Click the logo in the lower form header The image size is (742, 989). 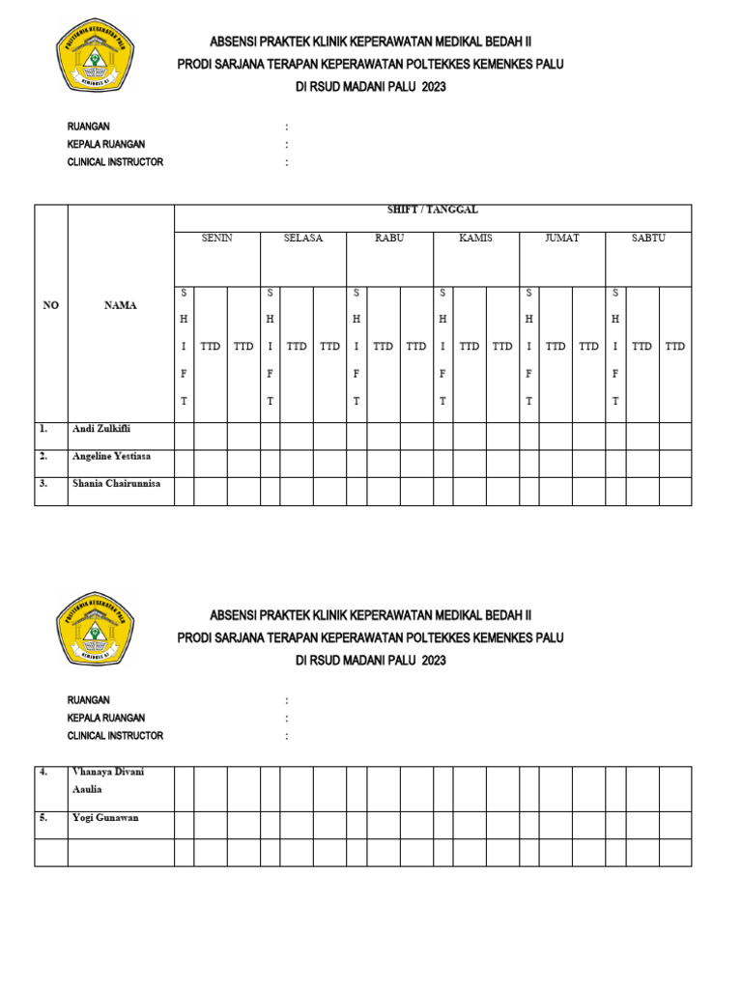click(95, 630)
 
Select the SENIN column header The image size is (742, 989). click(216, 238)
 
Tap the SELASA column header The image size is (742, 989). click(303, 238)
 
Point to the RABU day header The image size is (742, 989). click(389, 238)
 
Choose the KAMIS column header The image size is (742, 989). click(475, 238)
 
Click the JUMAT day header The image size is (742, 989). click(562, 238)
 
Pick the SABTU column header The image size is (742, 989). click(648, 238)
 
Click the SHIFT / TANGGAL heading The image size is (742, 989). click(432, 210)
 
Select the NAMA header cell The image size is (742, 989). click(120, 305)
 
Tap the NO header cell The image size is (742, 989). click(51, 305)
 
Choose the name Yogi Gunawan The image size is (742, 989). click(105, 818)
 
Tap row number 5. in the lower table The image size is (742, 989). click(43, 818)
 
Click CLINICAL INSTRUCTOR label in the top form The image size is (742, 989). click(115, 162)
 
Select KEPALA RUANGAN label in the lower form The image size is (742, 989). click(106, 718)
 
